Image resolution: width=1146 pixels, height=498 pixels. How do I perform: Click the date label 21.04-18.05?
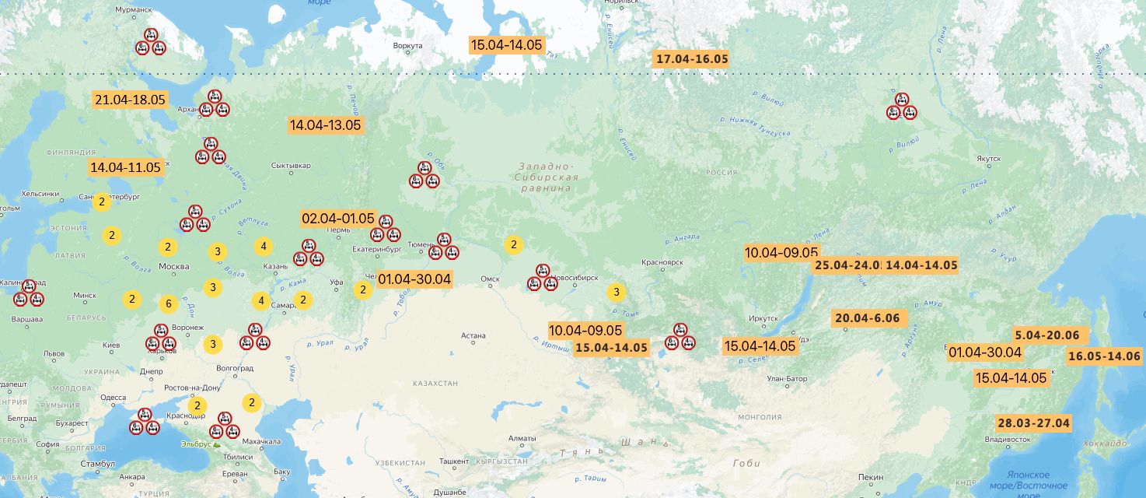pyautogui.click(x=130, y=100)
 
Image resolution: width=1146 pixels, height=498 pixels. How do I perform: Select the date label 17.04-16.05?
pyautogui.click(x=692, y=59)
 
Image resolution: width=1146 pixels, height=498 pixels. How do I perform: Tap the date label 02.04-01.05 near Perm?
pyautogui.click(x=338, y=219)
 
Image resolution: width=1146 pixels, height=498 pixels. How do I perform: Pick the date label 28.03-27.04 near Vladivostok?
pyautogui.click(x=1033, y=423)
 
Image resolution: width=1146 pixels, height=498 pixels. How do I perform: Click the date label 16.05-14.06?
pyautogui.click(x=1103, y=356)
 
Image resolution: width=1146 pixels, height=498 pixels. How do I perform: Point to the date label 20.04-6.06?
pyautogui.click(x=866, y=318)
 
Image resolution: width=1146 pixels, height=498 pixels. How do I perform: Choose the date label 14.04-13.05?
pyautogui.click(x=325, y=124)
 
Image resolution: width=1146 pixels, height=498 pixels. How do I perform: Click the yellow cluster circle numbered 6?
pyautogui.click(x=168, y=304)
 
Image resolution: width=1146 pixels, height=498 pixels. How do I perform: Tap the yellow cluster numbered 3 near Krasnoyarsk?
pyautogui.click(x=616, y=293)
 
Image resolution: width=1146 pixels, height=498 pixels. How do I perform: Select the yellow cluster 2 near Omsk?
pyautogui.click(x=513, y=245)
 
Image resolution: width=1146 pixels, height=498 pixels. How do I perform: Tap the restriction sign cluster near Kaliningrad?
pyautogui.click(x=28, y=293)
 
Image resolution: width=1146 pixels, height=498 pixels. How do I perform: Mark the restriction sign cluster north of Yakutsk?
pyautogui.click(x=901, y=107)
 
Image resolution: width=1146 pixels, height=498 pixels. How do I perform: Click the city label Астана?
pyautogui.click(x=473, y=336)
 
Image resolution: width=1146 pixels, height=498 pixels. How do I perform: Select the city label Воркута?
pyautogui.click(x=407, y=46)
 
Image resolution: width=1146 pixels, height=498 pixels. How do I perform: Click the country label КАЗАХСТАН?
pyautogui.click(x=435, y=384)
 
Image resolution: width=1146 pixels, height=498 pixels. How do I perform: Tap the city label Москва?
pyautogui.click(x=173, y=267)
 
